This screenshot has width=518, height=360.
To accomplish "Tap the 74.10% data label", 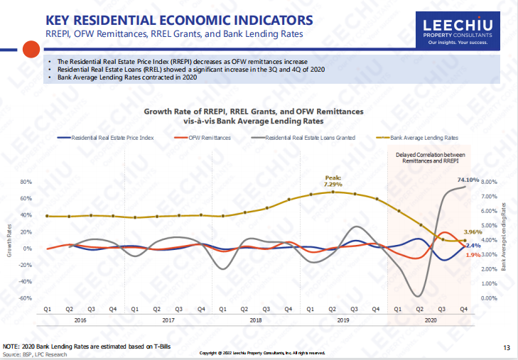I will tap(468, 180).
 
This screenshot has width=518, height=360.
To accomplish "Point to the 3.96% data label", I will tap(473, 232).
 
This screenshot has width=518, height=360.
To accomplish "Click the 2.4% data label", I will tap(473, 245).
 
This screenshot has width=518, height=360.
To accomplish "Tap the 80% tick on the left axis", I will tap(27, 182).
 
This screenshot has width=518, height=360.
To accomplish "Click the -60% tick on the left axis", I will tap(26, 298).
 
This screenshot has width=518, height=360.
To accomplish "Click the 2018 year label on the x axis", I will tap(254, 321).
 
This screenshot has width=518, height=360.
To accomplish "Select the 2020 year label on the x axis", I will tap(431, 321).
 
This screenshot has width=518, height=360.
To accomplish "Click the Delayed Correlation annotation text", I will tap(430, 158).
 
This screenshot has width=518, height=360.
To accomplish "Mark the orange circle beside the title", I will tap(31, 49).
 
